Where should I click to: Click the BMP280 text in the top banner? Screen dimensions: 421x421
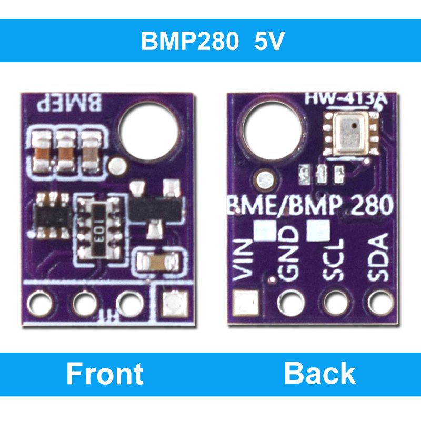click(x=189, y=42)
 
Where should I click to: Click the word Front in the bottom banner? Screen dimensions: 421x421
click(x=105, y=374)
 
